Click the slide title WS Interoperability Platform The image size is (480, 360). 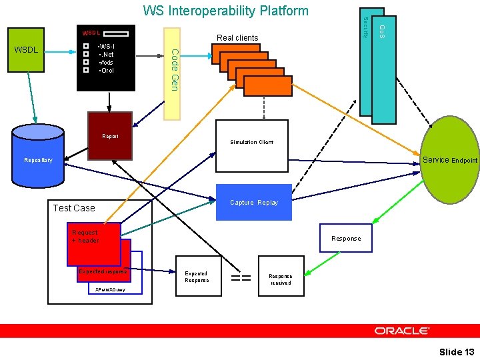(226, 11)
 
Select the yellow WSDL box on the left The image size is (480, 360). (27, 50)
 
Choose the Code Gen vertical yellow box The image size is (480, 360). (173, 73)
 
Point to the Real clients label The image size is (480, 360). (237, 38)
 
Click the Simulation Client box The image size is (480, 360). (252, 142)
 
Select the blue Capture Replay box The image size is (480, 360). (254, 202)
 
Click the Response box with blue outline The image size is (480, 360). (346, 238)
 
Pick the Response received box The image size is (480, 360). (281, 279)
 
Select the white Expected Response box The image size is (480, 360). (197, 277)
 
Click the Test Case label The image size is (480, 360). (74, 208)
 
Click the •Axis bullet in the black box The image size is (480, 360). (105, 62)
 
